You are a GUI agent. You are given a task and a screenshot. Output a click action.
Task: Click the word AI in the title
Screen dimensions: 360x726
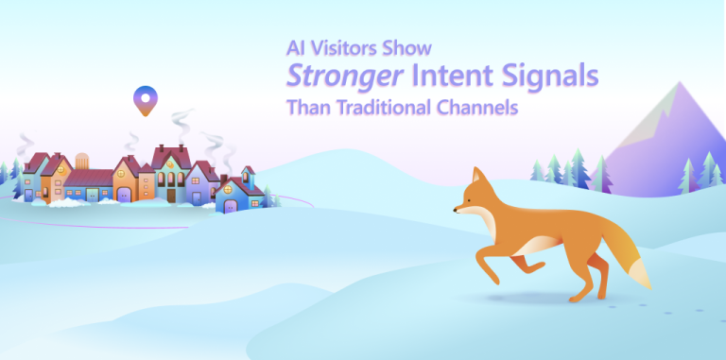(296, 47)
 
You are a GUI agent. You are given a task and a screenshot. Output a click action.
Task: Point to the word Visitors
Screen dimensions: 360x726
(347, 47)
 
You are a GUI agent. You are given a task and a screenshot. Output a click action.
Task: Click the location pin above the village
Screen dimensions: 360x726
(144, 98)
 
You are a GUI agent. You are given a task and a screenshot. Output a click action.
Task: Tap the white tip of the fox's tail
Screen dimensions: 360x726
(641, 275)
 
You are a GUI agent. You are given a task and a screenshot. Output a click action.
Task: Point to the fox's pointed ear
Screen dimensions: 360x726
(477, 177)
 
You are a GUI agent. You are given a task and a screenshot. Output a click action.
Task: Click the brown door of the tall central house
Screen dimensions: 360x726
(171, 195)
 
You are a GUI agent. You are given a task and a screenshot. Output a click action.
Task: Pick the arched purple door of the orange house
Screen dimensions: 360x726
(123, 194)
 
